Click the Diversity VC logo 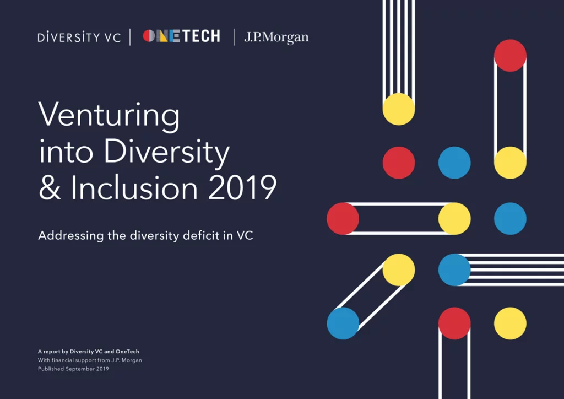[x=79, y=37]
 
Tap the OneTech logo [x=181, y=36]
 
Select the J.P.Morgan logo [x=276, y=37]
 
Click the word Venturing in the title [x=109, y=116]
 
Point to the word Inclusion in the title [x=134, y=187]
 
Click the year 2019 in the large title [x=242, y=187]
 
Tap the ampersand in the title [x=50, y=187]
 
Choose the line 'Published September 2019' [x=73, y=369]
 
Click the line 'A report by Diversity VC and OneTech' [x=89, y=352]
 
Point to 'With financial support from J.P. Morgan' [x=90, y=360]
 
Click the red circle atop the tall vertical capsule [x=510, y=56]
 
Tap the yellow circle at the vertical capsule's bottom [x=510, y=163]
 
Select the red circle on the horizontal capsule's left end [x=343, y=219]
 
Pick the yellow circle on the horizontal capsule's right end [x=454, y=219]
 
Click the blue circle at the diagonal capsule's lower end [x=343, y=323]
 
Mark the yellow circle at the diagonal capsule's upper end [x=399, y=270]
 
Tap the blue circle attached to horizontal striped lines [x=454, y=270]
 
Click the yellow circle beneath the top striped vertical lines [x=399, y=109]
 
